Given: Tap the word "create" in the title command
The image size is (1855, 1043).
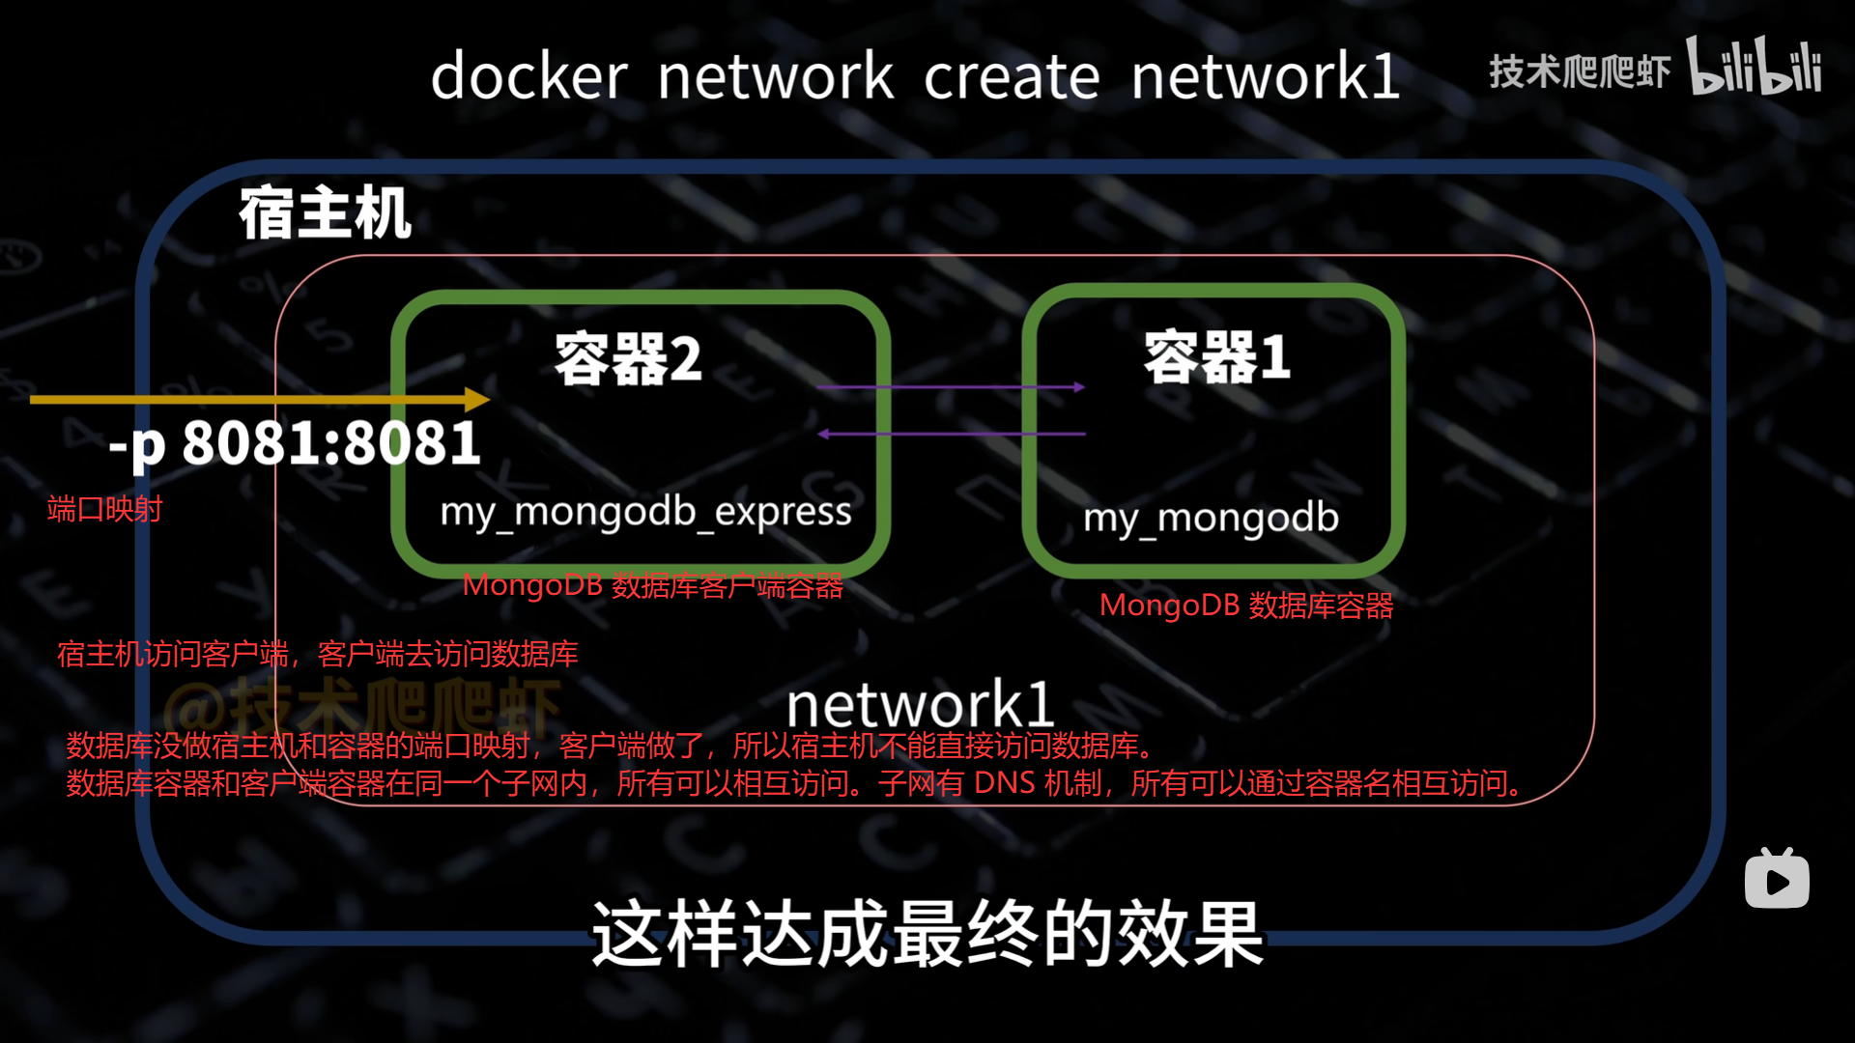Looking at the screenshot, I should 1012,77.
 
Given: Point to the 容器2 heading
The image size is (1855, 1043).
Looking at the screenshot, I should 628,359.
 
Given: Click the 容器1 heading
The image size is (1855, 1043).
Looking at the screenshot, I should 1216,357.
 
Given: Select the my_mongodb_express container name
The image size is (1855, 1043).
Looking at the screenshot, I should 645,512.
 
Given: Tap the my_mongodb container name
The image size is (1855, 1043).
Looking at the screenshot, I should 1211,518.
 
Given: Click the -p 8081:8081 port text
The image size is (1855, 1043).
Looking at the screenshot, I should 295,444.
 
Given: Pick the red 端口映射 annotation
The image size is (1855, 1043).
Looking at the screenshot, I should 104,509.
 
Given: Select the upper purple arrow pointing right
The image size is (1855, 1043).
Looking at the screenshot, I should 951,387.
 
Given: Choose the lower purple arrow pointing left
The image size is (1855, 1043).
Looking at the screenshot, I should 951,434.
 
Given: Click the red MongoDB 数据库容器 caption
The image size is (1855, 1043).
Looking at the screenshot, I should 1245,606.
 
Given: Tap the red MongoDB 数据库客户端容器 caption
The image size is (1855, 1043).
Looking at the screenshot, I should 653,585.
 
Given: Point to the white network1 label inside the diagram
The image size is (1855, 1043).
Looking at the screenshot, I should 919,705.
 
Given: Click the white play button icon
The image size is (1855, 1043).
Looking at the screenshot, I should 1777,881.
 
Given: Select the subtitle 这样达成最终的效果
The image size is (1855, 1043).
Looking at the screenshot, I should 927,934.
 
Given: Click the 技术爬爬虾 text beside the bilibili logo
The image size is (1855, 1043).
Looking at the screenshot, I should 1580,71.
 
